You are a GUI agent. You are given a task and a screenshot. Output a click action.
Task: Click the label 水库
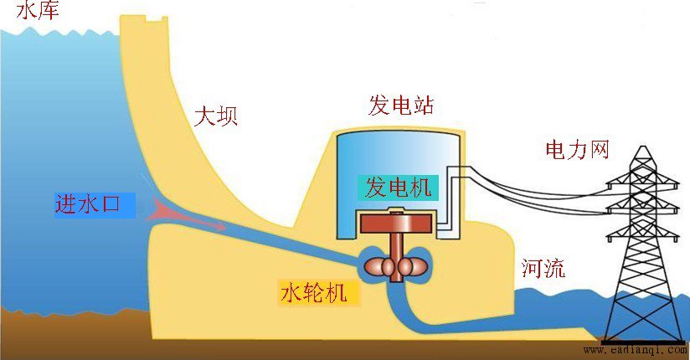pyautogui.click(x=38, y=10)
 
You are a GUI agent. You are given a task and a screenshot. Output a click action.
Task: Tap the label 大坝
pyautogui.click(x=216, y=116)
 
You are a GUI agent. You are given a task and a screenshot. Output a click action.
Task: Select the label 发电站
pyautogui.click(x=401, y=105)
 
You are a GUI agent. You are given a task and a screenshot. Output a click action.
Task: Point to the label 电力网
pyautogui.click(x=577, y=150)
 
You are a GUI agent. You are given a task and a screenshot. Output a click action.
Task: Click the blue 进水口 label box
pyautogui.click(x=95, y=205)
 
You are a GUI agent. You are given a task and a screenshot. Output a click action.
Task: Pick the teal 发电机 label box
pyautogui.click(x=398, y=188)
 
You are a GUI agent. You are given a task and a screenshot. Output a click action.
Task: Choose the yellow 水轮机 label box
pyautogui.click(x=319, y=293)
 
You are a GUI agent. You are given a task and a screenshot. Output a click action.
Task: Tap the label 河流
pyautogui.click(x=543, y=268)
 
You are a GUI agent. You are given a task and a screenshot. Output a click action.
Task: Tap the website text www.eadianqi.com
pyautogui.click(x=635, y=350)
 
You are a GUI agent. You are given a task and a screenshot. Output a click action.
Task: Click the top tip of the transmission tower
pyautogui.click(x=643, y=147)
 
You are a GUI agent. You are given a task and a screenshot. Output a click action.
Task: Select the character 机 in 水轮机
pyautogui.click(x=336, y=293)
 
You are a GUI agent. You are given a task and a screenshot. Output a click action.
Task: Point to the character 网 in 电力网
pyautogui.click(x=599, y=150)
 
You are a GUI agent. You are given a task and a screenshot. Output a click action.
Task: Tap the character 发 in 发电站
pyautogui.click(x=378, y=105)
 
